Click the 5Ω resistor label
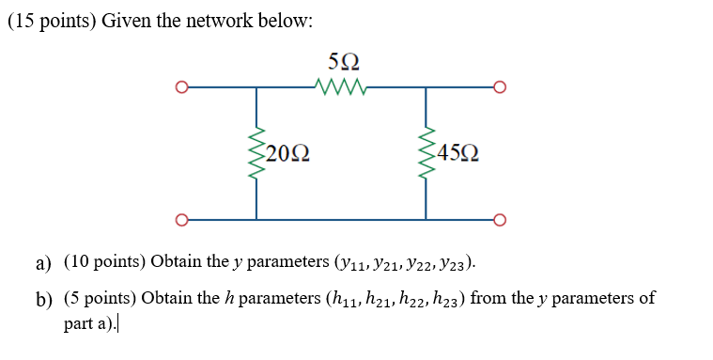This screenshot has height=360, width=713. pos(343,64)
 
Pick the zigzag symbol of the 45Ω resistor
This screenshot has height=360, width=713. pos(426,154)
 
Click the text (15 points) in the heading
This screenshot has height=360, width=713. pos(50,22)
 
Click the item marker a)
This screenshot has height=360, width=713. pos(43,262)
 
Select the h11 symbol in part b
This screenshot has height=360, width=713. pos(339,301)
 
